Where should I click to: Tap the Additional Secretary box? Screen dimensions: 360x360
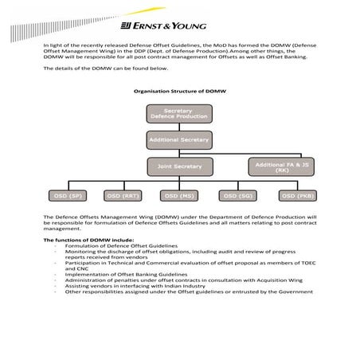click(x=178, y=139)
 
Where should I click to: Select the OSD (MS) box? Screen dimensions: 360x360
click(x=178, y=195)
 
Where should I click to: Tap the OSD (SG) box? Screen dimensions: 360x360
click(x=236, y=195)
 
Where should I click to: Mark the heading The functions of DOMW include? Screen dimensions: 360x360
click(x=85, y=240)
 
